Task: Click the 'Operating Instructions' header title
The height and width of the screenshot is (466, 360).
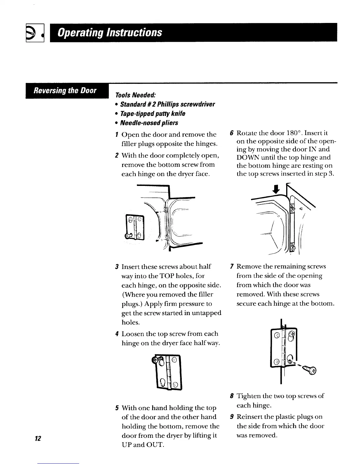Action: (x=110, y=32)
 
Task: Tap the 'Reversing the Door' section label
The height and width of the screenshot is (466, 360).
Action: (x=65, y=91)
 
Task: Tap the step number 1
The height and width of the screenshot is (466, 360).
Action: (x=117, y=135)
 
